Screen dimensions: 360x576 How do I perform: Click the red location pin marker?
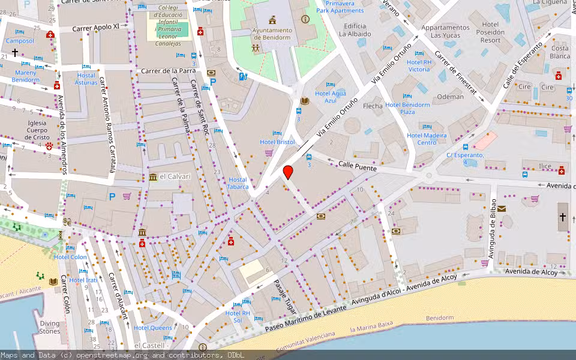288,172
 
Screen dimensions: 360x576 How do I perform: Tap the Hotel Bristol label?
277,142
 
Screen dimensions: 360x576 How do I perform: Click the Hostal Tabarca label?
238,184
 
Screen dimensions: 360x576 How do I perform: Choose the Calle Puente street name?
357,166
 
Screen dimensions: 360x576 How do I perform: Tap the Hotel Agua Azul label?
331,97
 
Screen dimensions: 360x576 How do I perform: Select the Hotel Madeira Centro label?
427,139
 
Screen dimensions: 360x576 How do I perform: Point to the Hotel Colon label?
70,257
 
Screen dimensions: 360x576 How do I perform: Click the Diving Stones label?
50,327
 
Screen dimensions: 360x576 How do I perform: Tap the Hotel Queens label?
152,328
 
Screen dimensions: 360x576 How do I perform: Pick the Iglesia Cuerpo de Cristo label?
28,130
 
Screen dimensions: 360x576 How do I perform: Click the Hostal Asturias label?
87,79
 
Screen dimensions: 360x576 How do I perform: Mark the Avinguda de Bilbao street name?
492,229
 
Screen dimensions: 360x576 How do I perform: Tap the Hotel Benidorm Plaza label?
407,108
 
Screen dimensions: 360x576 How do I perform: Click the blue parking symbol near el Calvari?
112,196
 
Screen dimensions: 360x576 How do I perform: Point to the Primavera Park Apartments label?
340,7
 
